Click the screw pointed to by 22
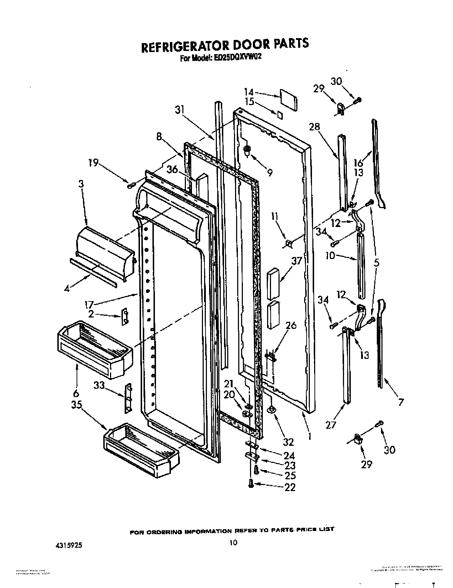click(251, 484)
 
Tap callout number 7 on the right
click(401, 402)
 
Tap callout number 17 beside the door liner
click(89, 305)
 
